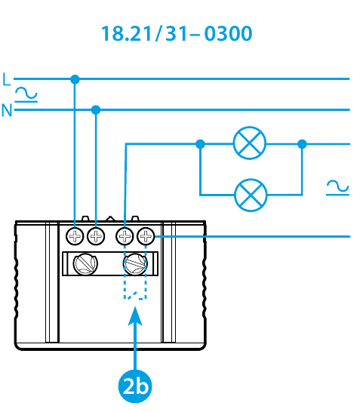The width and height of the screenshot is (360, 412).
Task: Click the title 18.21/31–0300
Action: point(177,33)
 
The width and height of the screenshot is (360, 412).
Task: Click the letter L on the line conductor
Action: point(6,79)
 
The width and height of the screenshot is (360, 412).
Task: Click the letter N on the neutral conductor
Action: point(7,110)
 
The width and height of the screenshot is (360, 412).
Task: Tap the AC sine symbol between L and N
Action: point(26,94)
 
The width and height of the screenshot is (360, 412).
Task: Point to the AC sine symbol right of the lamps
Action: point(337,188)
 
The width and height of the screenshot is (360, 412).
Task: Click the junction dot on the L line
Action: point(75,79)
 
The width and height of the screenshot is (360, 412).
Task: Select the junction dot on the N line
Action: point(96,109)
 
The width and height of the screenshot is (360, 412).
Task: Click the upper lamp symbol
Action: point(250,143)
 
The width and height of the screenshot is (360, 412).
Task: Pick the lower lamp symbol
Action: point(251,195)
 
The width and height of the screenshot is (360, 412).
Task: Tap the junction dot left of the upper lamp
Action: point(200,144)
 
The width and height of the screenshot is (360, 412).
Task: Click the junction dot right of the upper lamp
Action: point(302,144)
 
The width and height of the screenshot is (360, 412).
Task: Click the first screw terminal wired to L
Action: point(75,236)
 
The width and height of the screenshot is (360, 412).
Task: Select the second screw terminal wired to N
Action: point(96,236)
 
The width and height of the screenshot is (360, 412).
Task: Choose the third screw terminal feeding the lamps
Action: point(125,236)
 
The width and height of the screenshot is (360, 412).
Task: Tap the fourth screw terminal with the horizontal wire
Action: point(146,236)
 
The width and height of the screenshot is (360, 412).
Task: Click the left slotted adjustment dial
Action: point(85,264)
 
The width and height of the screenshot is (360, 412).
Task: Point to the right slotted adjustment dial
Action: point(135,264)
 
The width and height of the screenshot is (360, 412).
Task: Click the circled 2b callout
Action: point(135,386)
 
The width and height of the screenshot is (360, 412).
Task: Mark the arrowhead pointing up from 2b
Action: point(135,316)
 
